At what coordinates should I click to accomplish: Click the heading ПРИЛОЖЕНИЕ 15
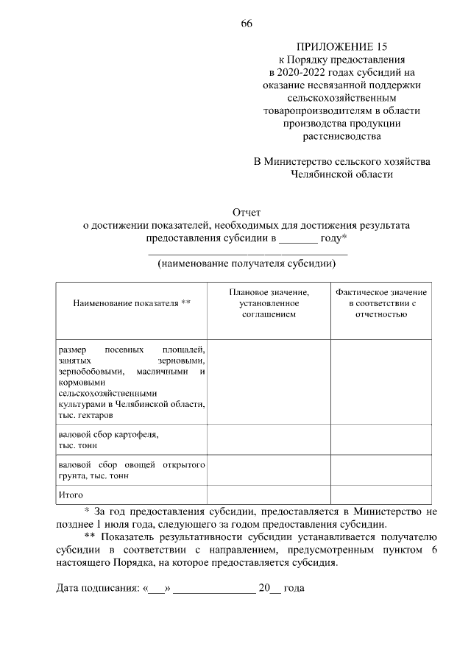[341, 46]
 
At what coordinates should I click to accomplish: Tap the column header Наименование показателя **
[131, 303]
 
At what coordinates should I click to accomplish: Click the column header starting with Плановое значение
[268, 303]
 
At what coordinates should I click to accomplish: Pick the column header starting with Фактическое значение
[381, 303]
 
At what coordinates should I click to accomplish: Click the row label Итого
[71, 495]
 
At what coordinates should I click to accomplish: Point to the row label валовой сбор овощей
[130, 470]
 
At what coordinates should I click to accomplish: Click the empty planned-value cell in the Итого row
[268, 495]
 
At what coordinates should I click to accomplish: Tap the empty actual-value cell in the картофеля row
[381, 439]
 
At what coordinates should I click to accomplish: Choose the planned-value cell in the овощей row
[268, 470]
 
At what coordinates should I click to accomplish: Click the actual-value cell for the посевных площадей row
[381, 381]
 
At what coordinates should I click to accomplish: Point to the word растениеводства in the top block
[341, 136]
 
